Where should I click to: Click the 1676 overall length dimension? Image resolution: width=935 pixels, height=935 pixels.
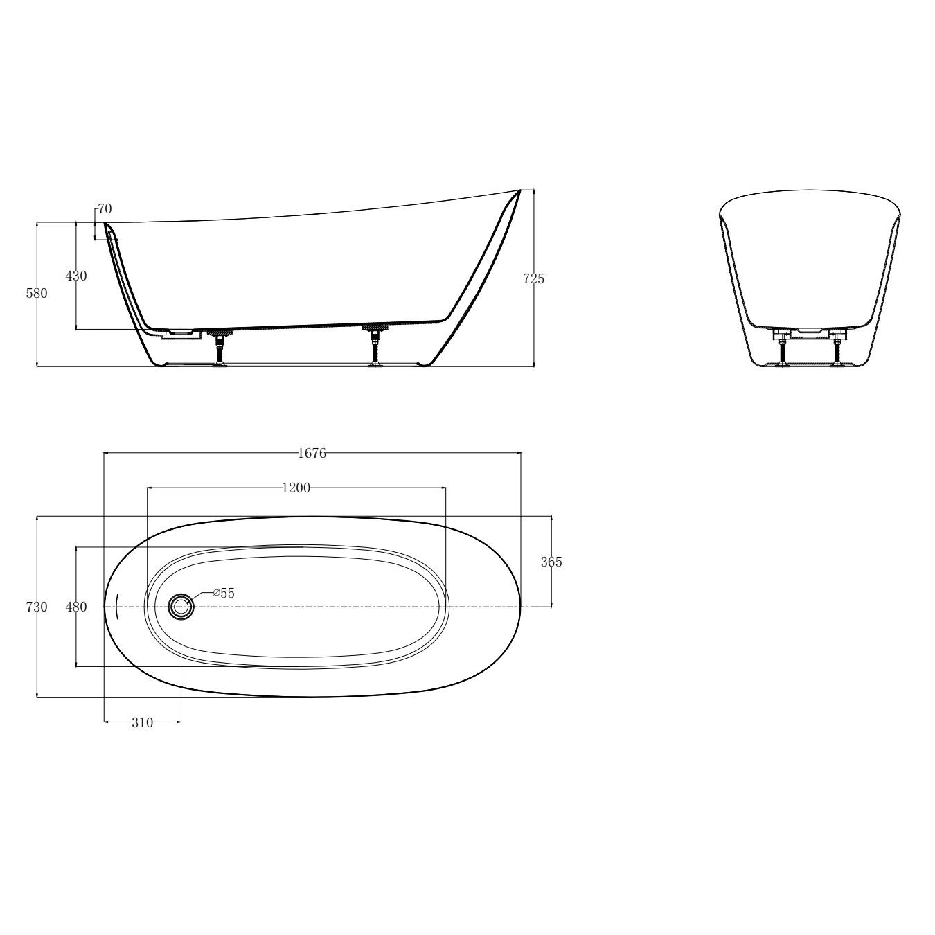pos(312,453)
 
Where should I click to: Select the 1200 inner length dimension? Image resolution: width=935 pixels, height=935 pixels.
pos(296,488)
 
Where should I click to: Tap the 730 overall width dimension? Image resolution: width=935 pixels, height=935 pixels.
pos(37,607)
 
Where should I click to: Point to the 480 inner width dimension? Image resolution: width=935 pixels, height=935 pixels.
pos(76,607)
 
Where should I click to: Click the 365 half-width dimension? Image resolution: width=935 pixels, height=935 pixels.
pos(551,562)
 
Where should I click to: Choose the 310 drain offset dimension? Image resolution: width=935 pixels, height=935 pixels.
pos(142,723)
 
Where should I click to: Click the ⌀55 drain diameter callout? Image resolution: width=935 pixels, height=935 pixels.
pos(224,593)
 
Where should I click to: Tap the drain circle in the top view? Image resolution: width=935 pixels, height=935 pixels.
pos(181,607)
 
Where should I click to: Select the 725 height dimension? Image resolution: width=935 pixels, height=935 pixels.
pos(534,279)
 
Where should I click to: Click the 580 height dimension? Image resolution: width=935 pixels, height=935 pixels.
pos(37,294)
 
